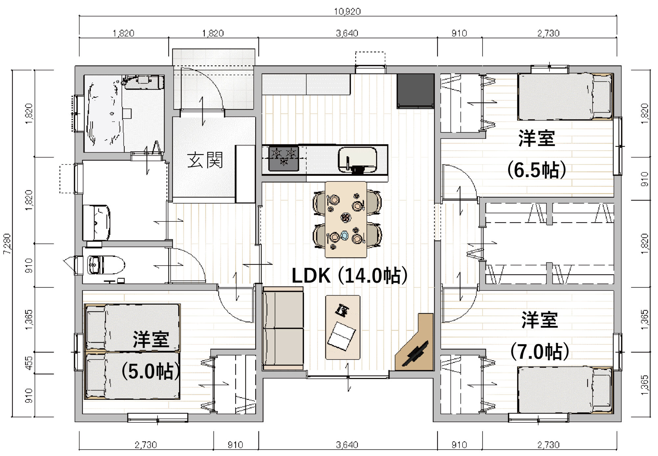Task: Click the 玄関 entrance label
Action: tap(205, 160)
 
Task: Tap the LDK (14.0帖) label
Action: tap(349, 276)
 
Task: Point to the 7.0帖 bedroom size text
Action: tap(540, 352)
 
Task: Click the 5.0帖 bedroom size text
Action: tap(151, 372)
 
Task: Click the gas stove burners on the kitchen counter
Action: tap(284, 159)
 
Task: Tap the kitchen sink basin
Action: tap(357, 159)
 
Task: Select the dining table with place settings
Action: tap(345, 219)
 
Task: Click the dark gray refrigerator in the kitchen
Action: tap(415, 91)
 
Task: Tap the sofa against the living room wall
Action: tap(283, 328)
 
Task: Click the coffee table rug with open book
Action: tap(342, 327)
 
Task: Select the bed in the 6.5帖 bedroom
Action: tap(565, 97)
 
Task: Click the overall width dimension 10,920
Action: tap(347, 12)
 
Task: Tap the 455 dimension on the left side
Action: tap(29, 363)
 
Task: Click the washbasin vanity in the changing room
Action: tap(96, 223)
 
